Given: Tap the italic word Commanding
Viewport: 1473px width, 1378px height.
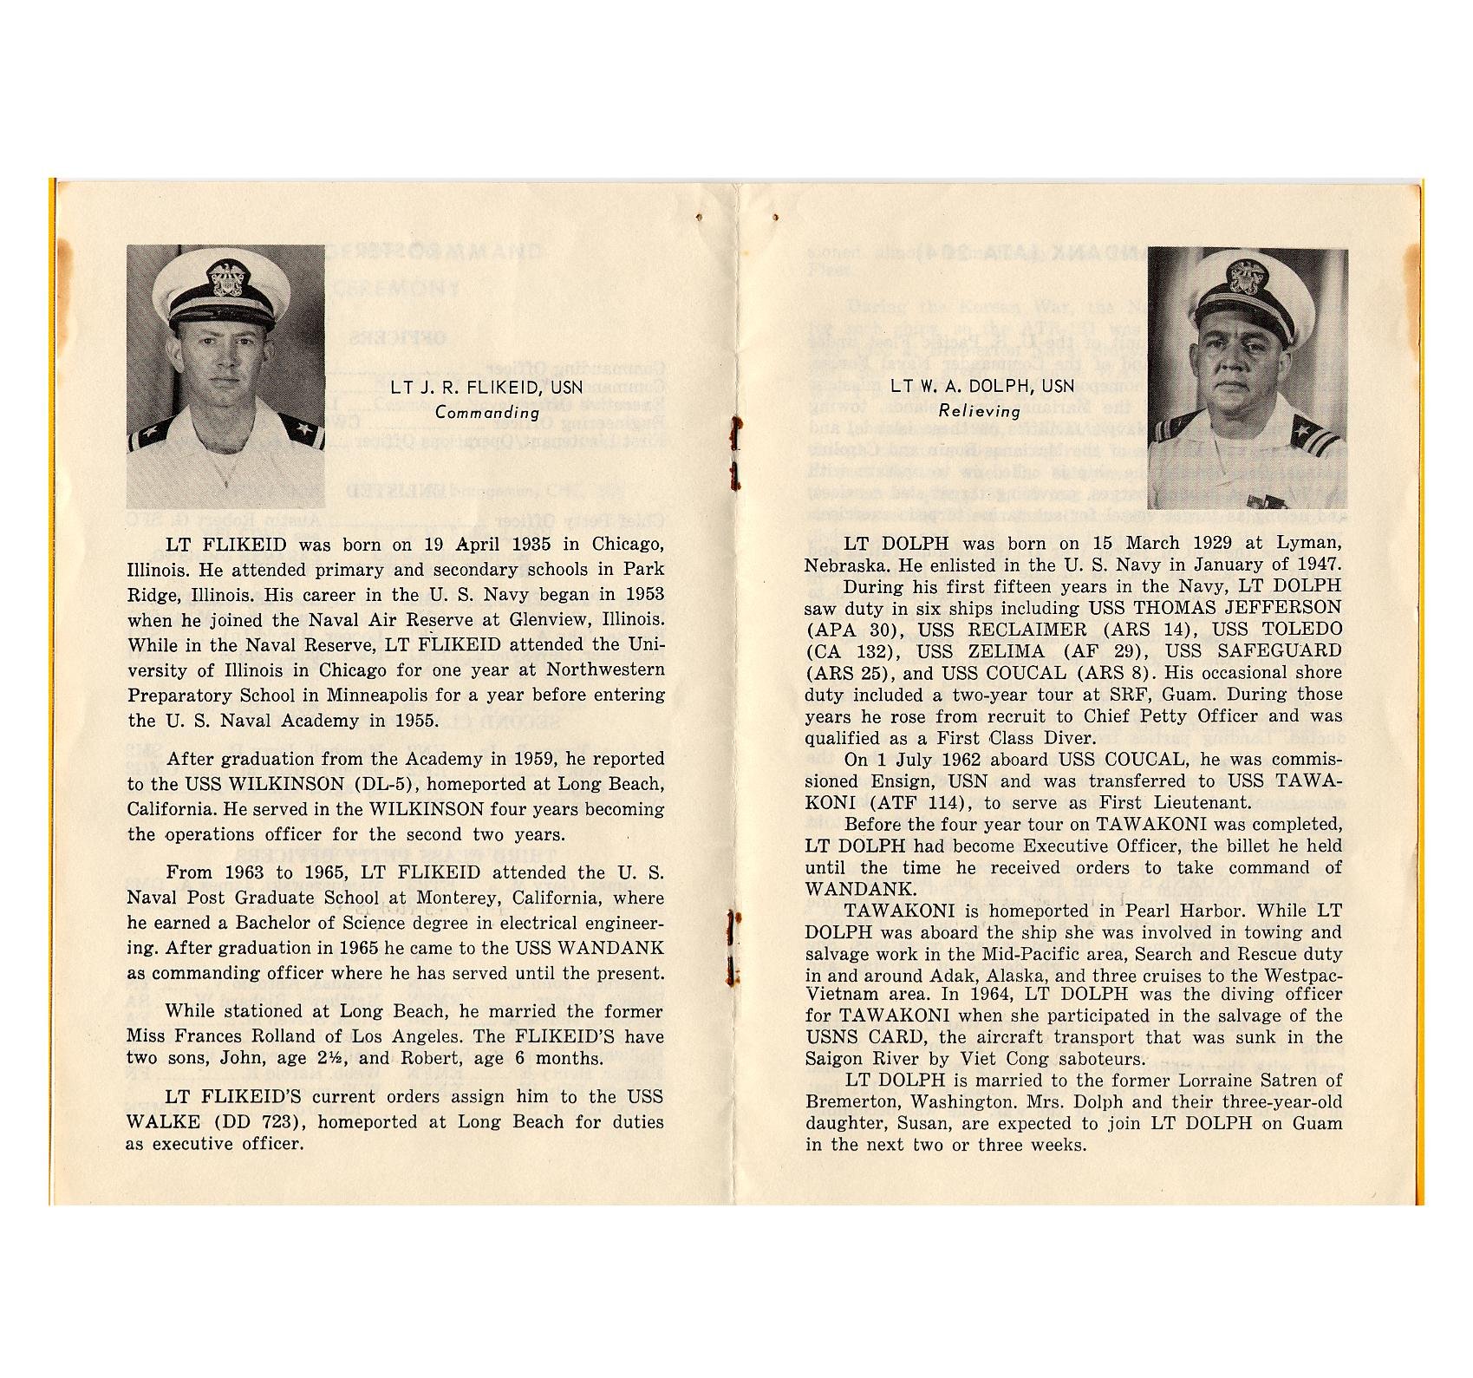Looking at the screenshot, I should [x=487, y=413].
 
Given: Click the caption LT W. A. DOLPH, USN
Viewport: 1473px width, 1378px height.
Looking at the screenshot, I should [x=982, y=387].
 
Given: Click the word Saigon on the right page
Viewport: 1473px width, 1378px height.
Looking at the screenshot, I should [x=834, y=1059].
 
